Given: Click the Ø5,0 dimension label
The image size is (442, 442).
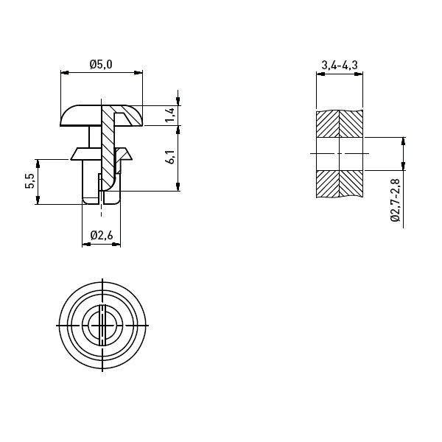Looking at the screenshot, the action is [x=101, y=65].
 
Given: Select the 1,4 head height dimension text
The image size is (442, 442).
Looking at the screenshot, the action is [x=171, y=115].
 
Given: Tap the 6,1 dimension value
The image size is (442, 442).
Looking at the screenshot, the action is [x=171, y=158].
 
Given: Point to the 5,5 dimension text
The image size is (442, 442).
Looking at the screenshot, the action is [x=29, y=181].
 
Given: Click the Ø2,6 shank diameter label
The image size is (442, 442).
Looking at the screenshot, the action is [x=102, y=235].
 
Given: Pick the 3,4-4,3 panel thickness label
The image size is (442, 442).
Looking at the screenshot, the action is [x=340, y=65].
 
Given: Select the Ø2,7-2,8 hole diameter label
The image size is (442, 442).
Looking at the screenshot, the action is [x=396, y=200].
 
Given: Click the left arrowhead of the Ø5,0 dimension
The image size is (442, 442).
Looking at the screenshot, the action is [x=65, y=73].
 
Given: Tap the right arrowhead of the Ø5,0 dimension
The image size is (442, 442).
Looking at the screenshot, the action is [x=138, y=73].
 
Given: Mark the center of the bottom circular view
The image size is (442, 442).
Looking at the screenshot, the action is [x=102, y=326].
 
